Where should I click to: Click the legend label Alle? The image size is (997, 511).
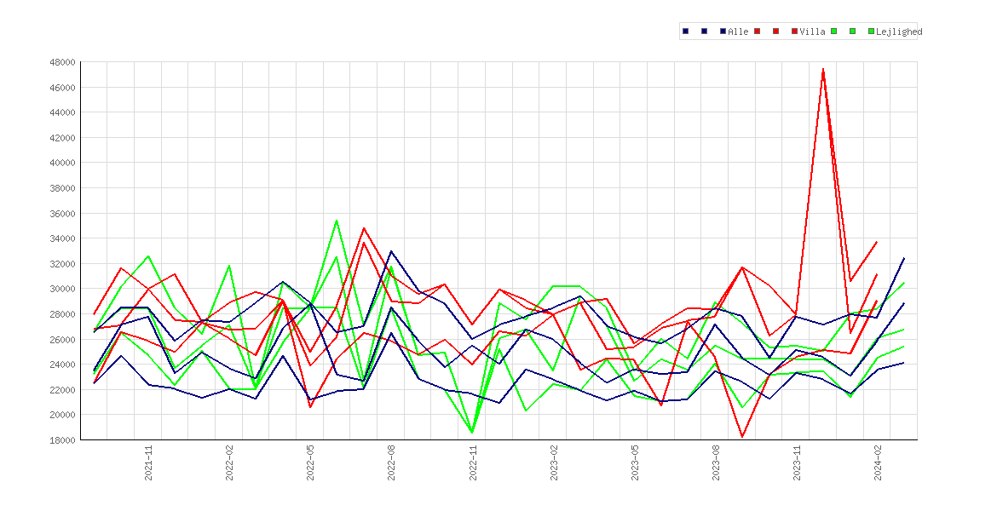(x=738, y=32)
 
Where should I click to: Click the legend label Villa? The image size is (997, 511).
(x=812, y=32)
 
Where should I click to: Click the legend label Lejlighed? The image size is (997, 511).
(x=898, y=32)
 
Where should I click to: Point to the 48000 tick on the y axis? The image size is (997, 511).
(x=62, y=62)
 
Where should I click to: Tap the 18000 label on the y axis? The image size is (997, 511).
(x=62, y=439)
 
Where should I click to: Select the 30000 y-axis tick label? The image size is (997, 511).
(x=62, y=289)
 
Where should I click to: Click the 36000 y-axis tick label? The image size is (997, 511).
(x=62, y=214)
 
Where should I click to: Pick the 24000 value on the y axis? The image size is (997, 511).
(x=62, y=365)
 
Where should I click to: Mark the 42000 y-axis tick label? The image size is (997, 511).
(x=62, y=138)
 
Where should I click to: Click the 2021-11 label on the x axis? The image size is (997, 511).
(x=149, y=462)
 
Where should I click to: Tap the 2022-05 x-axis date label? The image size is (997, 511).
(x=311, y=462)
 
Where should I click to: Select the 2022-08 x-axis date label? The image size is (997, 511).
(x=392, y=462)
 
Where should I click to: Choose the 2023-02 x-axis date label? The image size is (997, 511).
(x=554, y=462)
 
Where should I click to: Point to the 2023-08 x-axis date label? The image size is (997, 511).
(x=716, y=462)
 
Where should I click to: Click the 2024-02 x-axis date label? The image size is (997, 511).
(x=878, y=462)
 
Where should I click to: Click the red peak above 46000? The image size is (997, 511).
(x=823, y=69)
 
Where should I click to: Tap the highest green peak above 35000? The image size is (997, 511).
(x=337, y=221)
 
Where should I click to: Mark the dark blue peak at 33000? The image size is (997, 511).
(x=391, y=251)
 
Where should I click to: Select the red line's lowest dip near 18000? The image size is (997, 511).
(x=742, y=437)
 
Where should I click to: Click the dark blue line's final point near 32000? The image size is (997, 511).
(x=904, y=258)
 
